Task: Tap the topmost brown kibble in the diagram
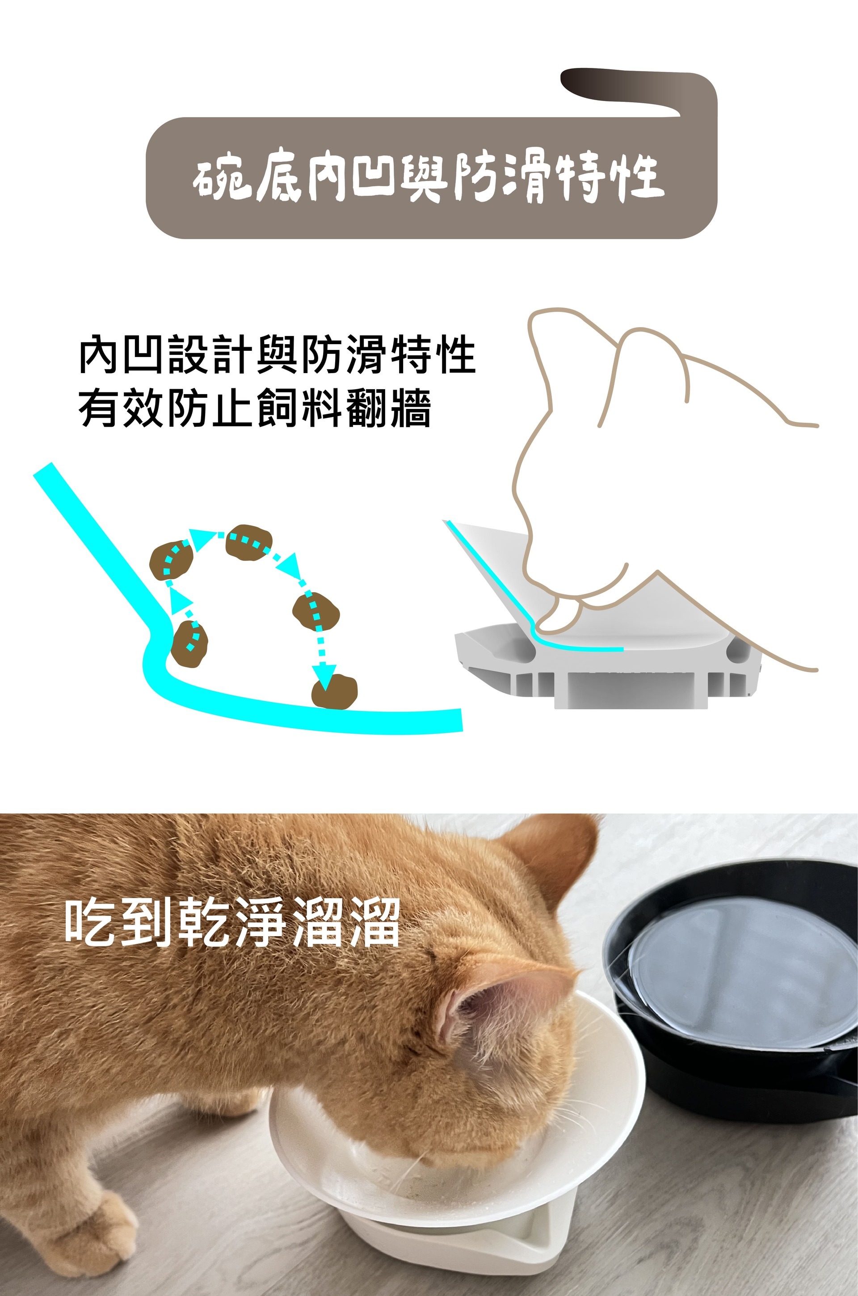click(x=249, y=542)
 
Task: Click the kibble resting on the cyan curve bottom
click(x=334, y=691)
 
